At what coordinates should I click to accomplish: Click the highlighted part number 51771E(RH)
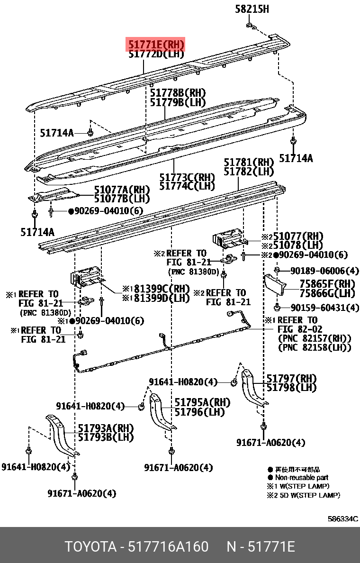(154, 45)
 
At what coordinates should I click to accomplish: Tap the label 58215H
(252, 9)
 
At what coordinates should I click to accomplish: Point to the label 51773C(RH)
(187, 177)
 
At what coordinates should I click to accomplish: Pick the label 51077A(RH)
(122, 190)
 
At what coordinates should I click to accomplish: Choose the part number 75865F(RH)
(327, 284)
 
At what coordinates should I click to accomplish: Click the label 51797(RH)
(291, 378)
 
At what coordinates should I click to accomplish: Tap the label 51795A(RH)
(202, 402)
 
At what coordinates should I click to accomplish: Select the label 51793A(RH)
(106, 428)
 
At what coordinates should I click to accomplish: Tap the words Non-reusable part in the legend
(302, 477)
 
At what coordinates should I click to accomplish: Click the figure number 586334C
(342, 518)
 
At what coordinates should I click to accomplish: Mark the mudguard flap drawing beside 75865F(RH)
(275, 286)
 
